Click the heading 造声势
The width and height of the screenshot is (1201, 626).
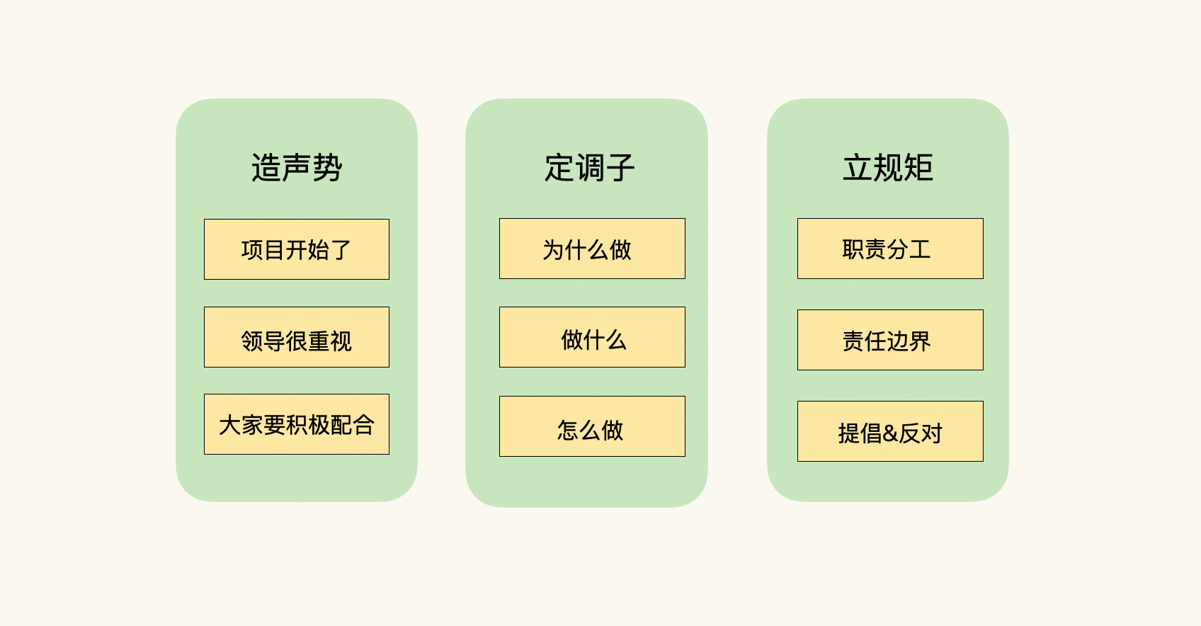pos(297,168)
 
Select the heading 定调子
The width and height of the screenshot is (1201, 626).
pos(589,168)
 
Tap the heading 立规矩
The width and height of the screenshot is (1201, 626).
pos(888,168)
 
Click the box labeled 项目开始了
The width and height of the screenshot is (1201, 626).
pos(297,249)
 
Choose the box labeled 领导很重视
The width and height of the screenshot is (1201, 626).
pos(297,337)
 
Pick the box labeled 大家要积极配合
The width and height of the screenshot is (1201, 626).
pos(297,424)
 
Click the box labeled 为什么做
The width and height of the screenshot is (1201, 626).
pos(592,249)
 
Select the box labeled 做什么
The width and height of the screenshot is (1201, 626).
pos(592,337)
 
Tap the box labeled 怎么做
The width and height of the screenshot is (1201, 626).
pos(592,426)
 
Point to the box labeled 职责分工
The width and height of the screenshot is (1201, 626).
pos(890,249)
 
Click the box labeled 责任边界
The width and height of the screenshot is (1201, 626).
pos(890,340)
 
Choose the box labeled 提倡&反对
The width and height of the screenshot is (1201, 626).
pos(890,431)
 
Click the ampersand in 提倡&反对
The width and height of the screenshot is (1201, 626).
pos(890,433)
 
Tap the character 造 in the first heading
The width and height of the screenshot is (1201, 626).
pos(266,168)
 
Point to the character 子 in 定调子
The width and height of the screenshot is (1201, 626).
pos(620,168)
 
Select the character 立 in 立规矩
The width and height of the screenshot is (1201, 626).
pos(858,168)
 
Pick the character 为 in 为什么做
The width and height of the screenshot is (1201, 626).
pos(553,250)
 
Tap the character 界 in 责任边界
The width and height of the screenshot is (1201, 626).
pos(920,341)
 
